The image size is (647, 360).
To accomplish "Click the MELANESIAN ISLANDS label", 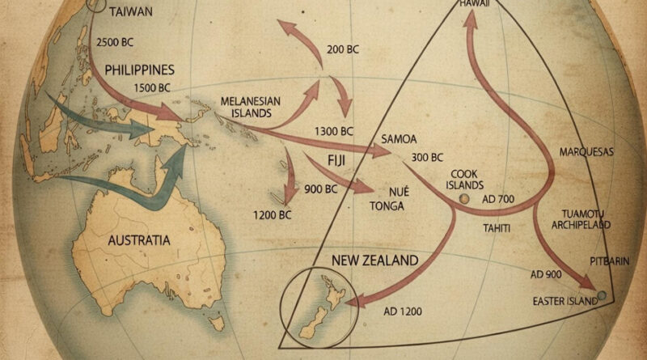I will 250,107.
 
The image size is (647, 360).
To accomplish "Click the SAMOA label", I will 394,139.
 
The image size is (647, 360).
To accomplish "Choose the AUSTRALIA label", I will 139,240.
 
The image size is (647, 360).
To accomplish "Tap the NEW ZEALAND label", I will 375,261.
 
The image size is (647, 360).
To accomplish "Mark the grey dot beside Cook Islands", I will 463,198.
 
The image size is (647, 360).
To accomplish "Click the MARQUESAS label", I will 587,151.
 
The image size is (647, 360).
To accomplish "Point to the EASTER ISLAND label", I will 565,301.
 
